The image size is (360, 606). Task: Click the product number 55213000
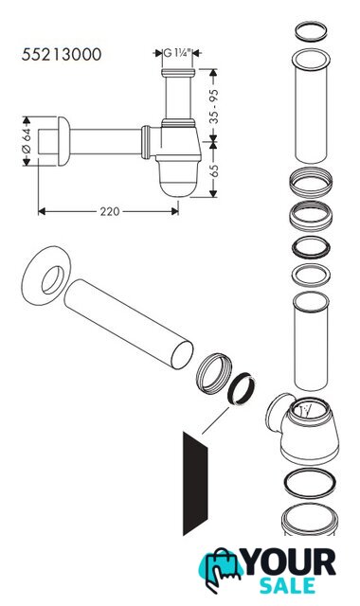point(62,55)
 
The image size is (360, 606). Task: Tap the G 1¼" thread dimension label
point(177,53)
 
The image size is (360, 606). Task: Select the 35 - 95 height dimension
point(214,106)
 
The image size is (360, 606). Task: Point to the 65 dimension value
point(214,170)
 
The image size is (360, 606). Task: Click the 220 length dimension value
point(110,211)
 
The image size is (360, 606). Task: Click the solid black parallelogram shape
point(195,484)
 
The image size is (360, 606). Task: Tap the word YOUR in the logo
point(290,562)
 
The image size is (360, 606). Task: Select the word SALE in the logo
point(287,586)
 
